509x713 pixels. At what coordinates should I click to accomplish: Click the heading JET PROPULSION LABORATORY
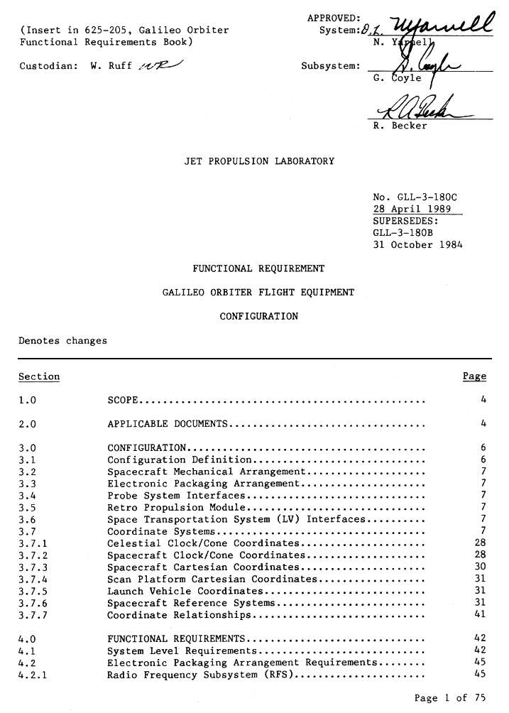coord(258,161)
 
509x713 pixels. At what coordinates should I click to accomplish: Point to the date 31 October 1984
coord(417,245)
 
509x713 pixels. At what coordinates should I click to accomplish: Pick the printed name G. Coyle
coord(397,78)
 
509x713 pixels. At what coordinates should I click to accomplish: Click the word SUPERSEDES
coord(403,221)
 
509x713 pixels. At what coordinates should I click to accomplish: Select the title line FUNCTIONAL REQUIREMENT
coord(258,268)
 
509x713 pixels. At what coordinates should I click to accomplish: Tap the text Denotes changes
coord(62,340)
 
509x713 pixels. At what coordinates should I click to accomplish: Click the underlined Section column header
coord(39,376)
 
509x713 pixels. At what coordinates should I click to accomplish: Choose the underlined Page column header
coord(474,376)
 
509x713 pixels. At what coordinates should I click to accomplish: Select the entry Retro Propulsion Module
coord(176,507)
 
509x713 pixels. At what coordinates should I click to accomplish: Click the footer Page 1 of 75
coord(450,698)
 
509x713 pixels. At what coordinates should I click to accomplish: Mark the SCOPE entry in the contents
coord(123,400)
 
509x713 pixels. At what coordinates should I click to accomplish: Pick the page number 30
coord(479,567)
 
